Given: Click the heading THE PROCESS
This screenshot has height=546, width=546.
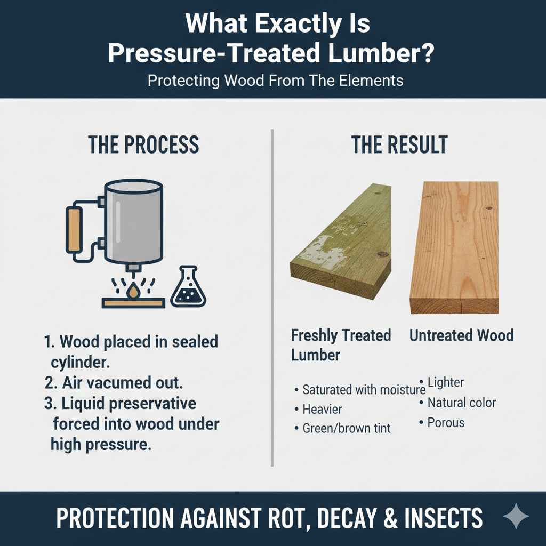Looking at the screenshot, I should pos(143,145).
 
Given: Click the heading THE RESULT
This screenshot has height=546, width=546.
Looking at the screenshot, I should pos(399,145).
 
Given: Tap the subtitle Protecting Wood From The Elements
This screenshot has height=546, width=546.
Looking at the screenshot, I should pos(275,82).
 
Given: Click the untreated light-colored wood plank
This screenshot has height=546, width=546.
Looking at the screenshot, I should pos(454,245).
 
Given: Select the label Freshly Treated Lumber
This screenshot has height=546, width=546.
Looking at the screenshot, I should pos(341,345).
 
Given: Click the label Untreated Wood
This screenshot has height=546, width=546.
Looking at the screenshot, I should pos(461,335).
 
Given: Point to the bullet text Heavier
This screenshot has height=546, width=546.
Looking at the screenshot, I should pos(323,409).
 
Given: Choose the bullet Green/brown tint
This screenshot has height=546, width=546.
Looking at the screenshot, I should pos(347,428).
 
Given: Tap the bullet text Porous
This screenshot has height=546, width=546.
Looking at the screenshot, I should pos(446,423).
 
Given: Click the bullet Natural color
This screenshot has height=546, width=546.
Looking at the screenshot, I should pos(462,402).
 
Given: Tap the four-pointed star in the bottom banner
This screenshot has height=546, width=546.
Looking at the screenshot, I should pos(516,517).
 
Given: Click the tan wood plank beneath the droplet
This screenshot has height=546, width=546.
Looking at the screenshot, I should pos(133,303).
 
